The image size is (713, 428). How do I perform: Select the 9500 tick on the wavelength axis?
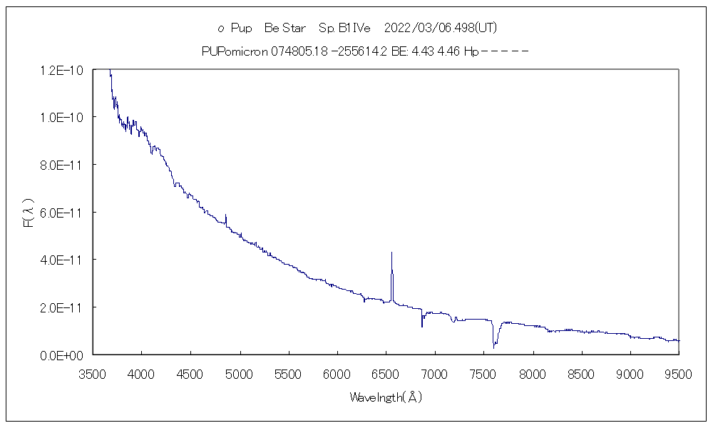click(679, 374)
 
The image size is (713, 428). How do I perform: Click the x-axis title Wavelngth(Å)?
click(385, 397)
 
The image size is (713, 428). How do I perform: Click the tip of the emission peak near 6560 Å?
click(391, 253)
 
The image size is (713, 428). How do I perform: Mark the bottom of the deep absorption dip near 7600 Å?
click(493, 347)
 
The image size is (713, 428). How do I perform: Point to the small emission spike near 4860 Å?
click(225, 215)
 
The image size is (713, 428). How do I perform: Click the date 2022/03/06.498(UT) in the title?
click(440, 29)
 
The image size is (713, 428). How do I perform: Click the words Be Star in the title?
click(284, 29)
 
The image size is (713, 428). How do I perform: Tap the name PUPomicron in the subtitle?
click(235, 51)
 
